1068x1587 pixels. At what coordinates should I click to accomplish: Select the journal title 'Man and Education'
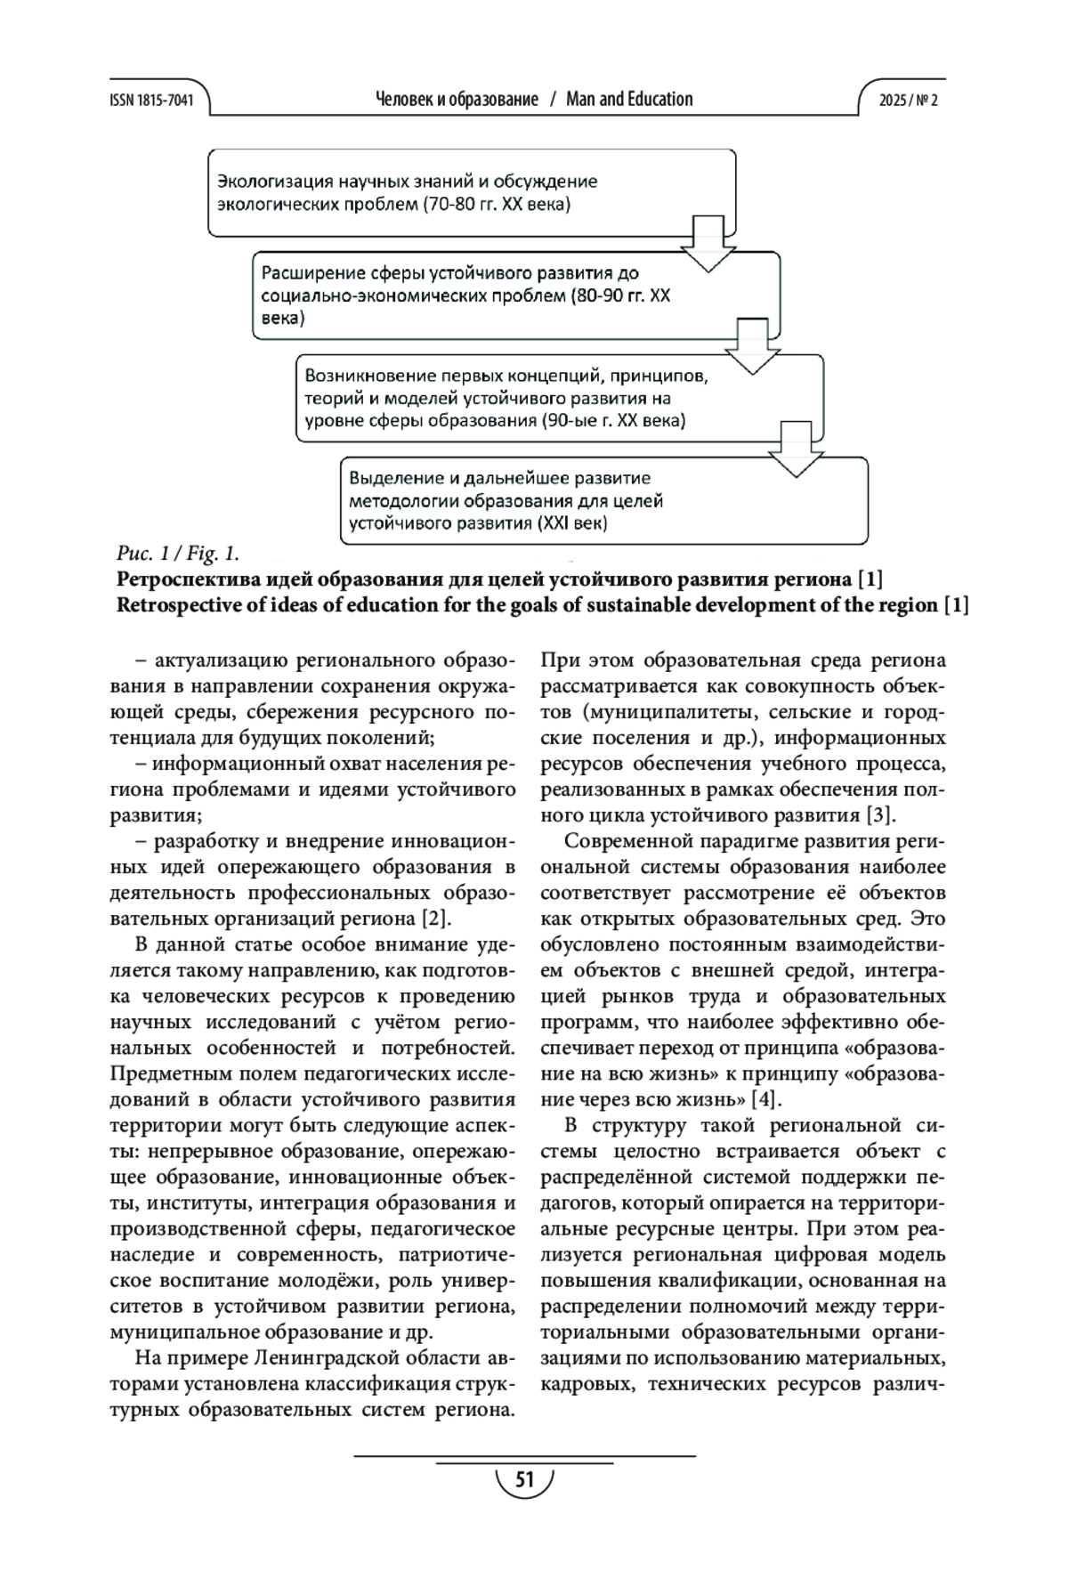(x=629, y=100)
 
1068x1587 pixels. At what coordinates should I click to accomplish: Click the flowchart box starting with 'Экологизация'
(x=472, y=193)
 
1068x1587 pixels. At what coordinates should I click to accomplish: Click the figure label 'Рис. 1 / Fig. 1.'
(x=177, y=554)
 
